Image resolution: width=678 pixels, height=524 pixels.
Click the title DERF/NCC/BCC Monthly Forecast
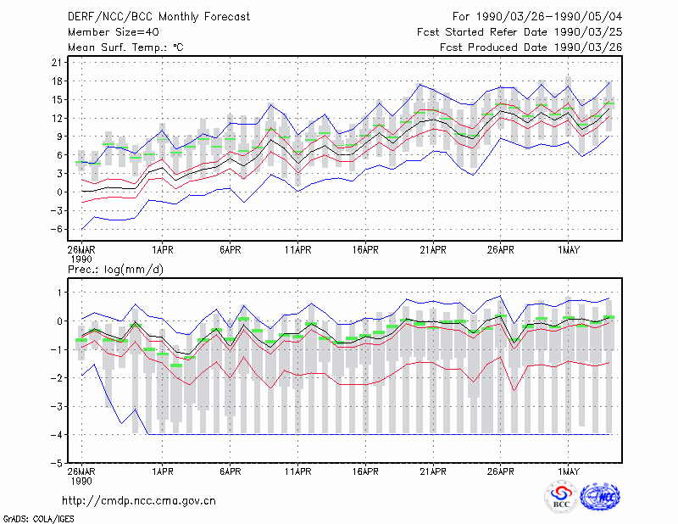tap(158, 17)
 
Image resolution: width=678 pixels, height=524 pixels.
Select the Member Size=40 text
tap(114, 32)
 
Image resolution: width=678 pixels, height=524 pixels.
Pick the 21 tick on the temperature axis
tap(57, 63)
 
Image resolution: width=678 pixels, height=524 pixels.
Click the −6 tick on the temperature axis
tap(55, 229)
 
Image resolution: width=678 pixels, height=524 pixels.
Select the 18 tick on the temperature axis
tap(57, 81)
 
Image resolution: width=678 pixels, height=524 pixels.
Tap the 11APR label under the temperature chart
tap(298, 250)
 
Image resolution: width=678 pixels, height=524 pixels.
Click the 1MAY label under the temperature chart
tap(568, 250)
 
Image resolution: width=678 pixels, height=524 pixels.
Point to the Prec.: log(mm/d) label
tap(115, 270)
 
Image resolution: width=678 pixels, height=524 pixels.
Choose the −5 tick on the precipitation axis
tap(55, 463)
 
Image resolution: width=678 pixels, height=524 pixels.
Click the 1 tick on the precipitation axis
tap(59, 293)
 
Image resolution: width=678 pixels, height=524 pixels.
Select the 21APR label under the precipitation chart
tap(433, 471)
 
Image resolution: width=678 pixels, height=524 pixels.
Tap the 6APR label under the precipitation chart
tap(230, 471)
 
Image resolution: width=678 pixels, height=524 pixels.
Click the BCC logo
tap(561, 498)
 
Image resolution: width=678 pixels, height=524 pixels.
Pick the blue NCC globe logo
tap(600, 497)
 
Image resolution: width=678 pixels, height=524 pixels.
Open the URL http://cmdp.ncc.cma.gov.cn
tap(139, 501)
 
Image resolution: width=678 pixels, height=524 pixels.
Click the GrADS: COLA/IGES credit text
tap(38, 519)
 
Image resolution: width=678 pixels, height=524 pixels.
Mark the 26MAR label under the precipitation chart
tap(81, 471)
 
